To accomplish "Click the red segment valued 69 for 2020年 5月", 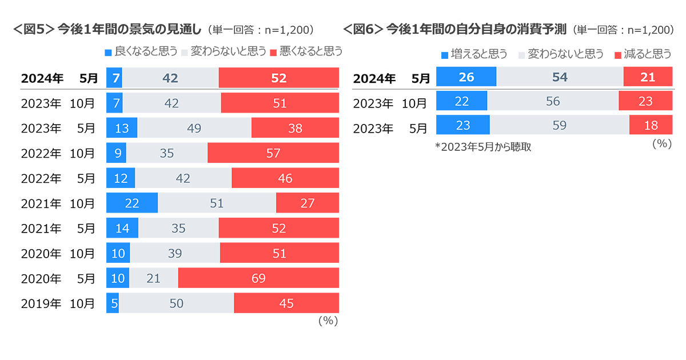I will (x=258, y=278).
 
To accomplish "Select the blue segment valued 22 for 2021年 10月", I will (x=132, y=203).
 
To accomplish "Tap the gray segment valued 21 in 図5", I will (x=153, y=278).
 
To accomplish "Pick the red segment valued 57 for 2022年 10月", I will (x=273, y=153).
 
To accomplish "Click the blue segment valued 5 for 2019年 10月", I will (x=113, y=303).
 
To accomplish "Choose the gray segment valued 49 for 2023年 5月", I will (x=194, y=129).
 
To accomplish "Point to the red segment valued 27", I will (x=308, y=203).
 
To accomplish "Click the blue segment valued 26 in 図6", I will (x=466, y=77).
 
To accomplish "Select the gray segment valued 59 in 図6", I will (x=559, y=125).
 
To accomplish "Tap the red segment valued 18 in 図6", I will (x=651, y=125).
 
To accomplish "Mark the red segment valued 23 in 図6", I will (x=645, y=102).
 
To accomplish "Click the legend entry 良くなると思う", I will (x=141, y=51).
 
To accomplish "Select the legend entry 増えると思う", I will (x=474, y=54).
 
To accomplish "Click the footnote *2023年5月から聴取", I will (x=482, y=147).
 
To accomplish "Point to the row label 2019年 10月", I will (x=58, y=303).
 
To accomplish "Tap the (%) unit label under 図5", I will (x=328, y=321).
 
